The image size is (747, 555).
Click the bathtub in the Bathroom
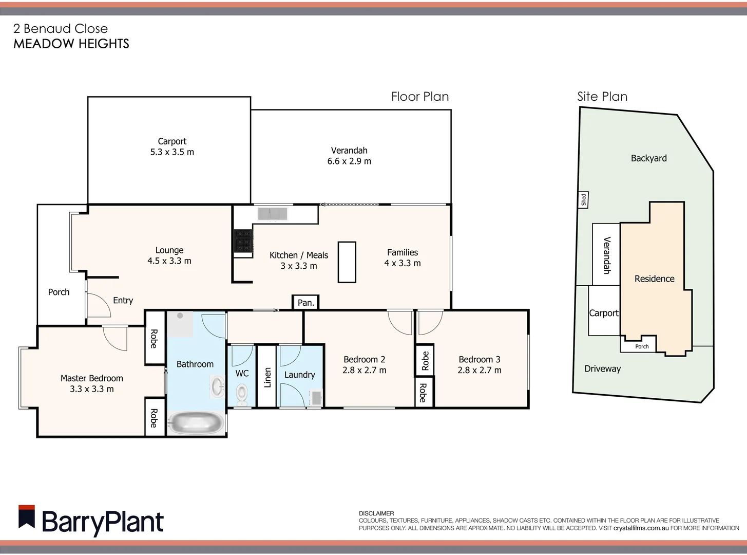pos(196,423)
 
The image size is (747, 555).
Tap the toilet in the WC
pos(241,395)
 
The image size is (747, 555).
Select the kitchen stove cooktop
pos(243,241)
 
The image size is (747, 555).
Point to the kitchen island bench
pos(347,262)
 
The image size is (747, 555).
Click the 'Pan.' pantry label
pos(306,303)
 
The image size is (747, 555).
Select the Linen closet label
pos(267,377)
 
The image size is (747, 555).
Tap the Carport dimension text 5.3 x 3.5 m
pos(172,152)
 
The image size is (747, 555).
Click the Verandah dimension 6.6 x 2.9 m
pos(349,161)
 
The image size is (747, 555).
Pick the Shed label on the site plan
pos(583,199)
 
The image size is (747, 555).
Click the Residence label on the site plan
pos(654,279)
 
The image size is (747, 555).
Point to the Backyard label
pos(648,158)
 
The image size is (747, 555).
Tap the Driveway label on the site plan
pos(602,369)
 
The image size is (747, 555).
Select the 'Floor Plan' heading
pos(419,97)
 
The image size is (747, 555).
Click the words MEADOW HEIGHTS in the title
pos(71,44)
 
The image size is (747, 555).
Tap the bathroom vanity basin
pos(217,386)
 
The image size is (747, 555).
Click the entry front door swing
pos(99,305)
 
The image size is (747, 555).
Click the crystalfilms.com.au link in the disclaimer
pos(641,528)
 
